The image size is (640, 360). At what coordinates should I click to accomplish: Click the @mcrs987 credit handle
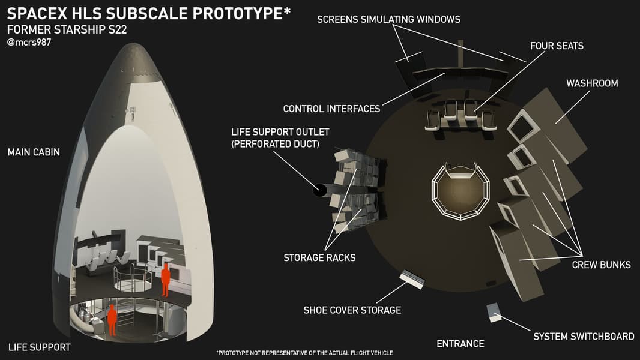point(29,42)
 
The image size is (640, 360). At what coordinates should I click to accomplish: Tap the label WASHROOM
point(592,83)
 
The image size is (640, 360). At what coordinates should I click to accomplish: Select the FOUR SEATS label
point(557,46)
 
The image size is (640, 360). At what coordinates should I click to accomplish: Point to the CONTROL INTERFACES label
point(331,109)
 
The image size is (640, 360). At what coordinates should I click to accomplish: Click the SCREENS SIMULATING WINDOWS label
point(388,19)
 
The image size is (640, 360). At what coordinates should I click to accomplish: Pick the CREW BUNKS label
point(601,265)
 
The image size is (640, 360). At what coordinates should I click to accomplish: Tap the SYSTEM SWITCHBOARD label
point(584,337)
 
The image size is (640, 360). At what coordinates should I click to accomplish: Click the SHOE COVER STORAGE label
point(352,310)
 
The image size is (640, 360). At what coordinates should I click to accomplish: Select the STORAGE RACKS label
point(319,257)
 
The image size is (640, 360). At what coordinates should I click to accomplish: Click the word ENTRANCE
point(460,344)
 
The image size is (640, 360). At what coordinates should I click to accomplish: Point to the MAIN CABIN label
point(34,152)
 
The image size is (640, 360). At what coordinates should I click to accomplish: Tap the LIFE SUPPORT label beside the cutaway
point(40,347)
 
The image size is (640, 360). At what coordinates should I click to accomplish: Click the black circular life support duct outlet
point(319,190)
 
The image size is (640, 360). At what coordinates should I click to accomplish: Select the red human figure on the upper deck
point(165,280)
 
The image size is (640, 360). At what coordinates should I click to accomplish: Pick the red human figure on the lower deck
point(112,320)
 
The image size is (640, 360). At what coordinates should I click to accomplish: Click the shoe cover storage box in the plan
point(412,279)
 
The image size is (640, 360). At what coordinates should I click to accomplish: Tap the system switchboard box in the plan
point(494,313)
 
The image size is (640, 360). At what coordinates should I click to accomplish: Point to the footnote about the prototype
point(304,353)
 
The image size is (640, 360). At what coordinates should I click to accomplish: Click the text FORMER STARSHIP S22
point(67,30)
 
